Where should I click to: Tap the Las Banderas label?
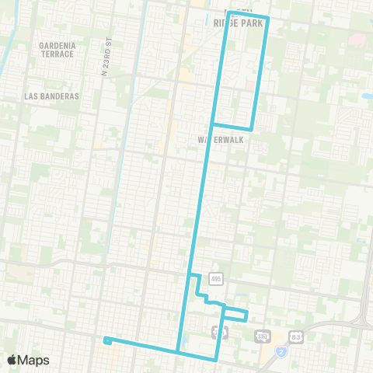pos(51,96)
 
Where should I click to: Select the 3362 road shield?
pos(263,336)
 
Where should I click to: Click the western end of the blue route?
pos(105,340)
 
